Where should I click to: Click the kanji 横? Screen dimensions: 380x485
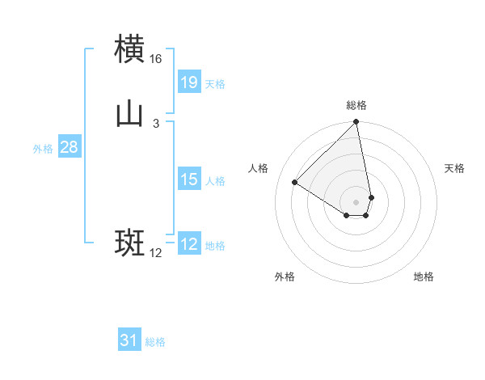pyautogui.click(x=130, y=49)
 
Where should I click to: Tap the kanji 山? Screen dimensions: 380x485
pyautogui.click(x=130, y=115)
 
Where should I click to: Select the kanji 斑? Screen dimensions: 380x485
pyautogui.click(x=130, y=243)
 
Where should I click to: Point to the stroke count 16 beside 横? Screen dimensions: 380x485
pyautogui.click(x=156, y=59)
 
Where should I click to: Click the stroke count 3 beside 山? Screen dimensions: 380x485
pyautogui.click(x=156, y=124)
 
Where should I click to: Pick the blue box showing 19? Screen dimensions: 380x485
pyautogui.click(x=189, y=82)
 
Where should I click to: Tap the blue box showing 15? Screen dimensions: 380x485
pyautogui.click(x=189, y=179)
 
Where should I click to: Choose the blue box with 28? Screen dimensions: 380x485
pyautogui.click(x=70, y=147)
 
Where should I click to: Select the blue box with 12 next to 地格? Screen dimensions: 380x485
pyautogui.click(x=189, y=244)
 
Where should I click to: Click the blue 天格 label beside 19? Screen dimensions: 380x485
pyautogui.click(x=215, y=84)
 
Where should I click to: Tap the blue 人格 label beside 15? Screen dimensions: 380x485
pyautogui.click(x=215, y=181)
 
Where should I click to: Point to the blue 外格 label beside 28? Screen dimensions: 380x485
pyautogui.click(x=43, y=149)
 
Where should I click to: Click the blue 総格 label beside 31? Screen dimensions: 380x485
pyautogui.click(x=155, y=343)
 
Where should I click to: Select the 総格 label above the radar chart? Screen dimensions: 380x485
pyautogui.click(x=356, y=105)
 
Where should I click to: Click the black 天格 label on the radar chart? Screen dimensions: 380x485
pyautogui.click(x=454, y=168)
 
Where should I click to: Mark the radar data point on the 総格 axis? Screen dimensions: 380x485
pyautogui.click(x=356, y=123)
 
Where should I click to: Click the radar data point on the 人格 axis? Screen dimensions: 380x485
pyautogui.click(x=295, y=182)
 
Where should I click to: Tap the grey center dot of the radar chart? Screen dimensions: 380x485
pyautogui.click(x=356, y=201)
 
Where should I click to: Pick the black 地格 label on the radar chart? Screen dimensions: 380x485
pyautogui.click(x=424, y=277)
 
